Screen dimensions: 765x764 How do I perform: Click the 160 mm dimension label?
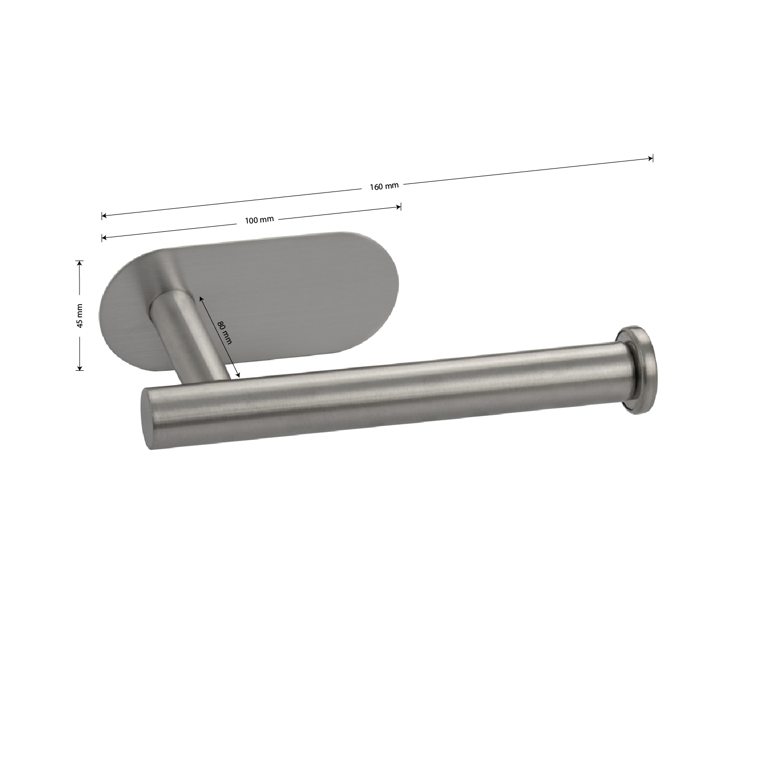click(384, 186)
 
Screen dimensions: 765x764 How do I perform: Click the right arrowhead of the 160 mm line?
click(650, 158)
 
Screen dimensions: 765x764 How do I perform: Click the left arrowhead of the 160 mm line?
click(104, 216)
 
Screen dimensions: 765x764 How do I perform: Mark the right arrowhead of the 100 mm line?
click(398, 206)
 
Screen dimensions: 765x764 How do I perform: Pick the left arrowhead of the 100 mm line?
click(104, 237)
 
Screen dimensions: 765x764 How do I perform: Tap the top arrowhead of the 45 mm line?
click(79, 263)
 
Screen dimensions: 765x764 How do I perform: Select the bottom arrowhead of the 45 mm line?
click(79, 367)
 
